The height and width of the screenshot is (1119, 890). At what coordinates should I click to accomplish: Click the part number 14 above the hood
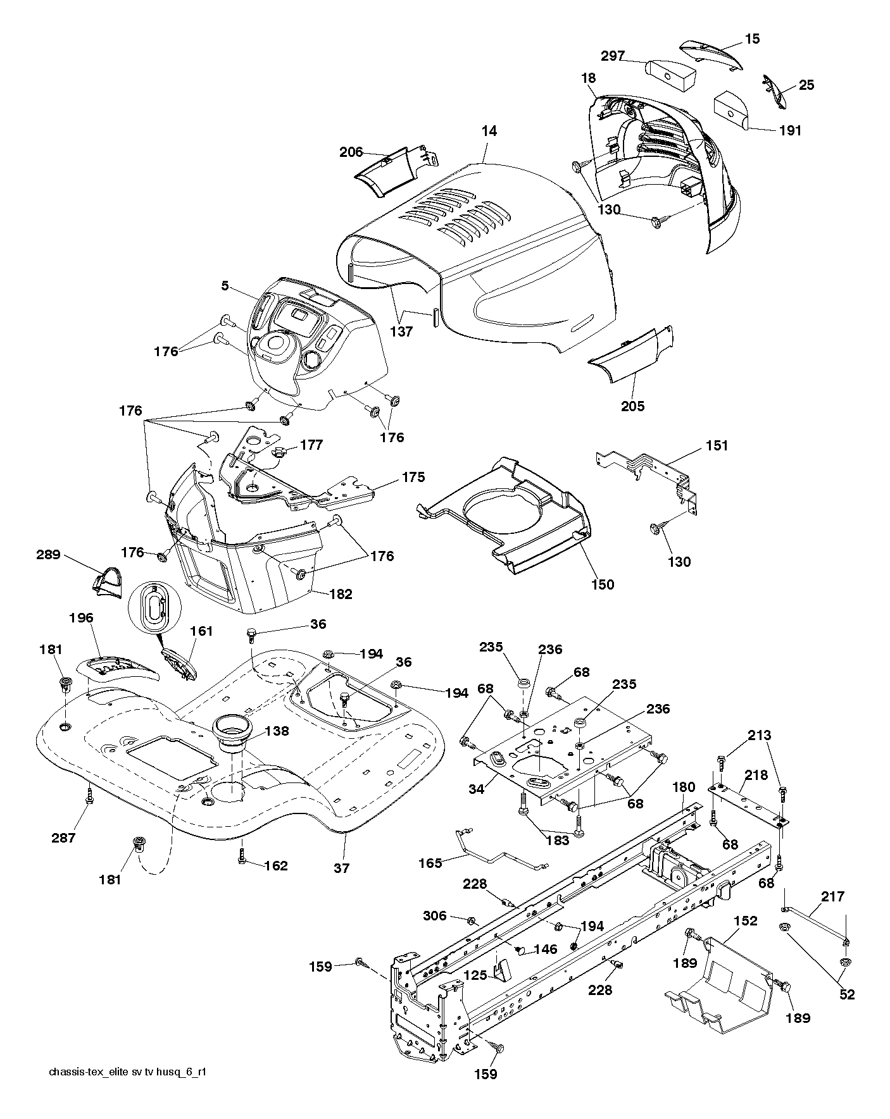click(x=489, y=131)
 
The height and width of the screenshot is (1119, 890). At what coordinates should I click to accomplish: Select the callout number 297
click(x=613, y=56)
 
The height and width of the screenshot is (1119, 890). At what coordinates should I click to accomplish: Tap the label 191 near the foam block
click(x=790, y=130)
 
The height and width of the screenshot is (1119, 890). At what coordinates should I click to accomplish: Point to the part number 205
click(x=632, y=406)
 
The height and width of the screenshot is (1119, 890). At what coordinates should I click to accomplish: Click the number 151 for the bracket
click(x=717, y=445)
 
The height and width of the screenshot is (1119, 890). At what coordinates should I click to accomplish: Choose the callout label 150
click(x=602, y=584)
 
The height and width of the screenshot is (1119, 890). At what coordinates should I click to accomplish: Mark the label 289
click(x=48, y=555)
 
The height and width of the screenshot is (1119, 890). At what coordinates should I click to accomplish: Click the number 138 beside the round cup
click(x=277, y=731)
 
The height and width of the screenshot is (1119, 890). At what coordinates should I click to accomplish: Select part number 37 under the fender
click(x=341, y=869)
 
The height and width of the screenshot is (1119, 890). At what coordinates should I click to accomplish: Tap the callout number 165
click(x=430, y=862)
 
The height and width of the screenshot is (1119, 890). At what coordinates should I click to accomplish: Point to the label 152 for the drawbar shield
click(x=746, y=920)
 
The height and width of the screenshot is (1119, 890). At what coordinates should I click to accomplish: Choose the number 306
click(x=435, y=915)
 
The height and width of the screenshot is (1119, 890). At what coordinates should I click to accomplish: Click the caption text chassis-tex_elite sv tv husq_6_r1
click(x=128, y=1072)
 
